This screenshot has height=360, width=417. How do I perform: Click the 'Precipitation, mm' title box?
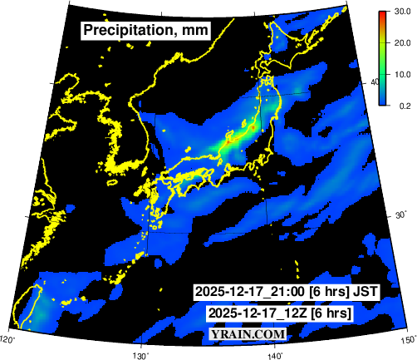pos(145,31)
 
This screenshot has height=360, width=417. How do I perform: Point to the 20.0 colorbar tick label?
pos(403,43)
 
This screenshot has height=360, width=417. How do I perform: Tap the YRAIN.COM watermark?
pos(248,333)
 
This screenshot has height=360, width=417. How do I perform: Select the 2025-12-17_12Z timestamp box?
pos(280,313)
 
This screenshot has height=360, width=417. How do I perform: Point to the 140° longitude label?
pos(275,354)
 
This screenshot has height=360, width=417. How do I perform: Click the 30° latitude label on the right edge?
pos(398,217)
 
